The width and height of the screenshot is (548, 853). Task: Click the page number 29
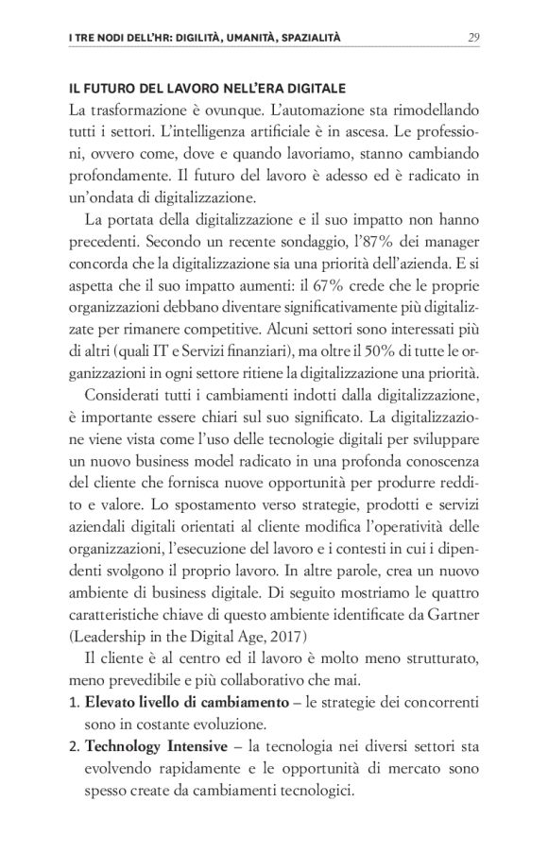pos(476,38)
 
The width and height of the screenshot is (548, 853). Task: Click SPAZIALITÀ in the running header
pos(300,38)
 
